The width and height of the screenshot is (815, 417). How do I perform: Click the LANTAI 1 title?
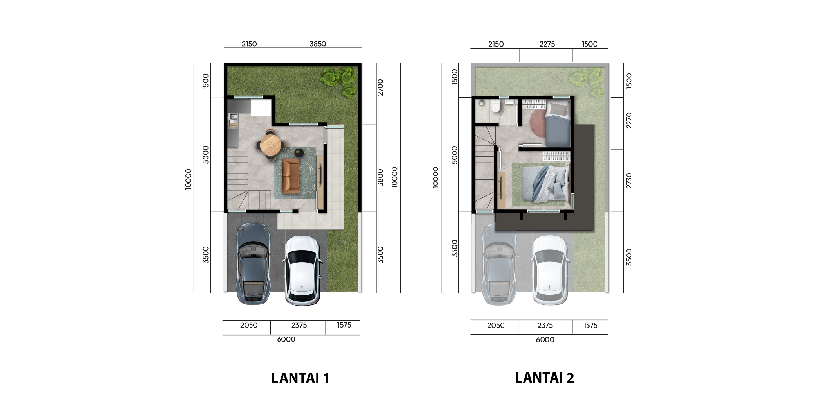[300, 378]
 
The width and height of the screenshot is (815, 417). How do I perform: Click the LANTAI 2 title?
[544, 378]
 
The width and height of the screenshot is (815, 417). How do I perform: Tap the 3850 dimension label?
[318, 44]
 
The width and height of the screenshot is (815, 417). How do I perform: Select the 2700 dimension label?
[381, 88]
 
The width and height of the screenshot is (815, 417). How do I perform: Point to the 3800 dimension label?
[381, 177]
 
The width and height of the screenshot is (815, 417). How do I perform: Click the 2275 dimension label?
[547, 44]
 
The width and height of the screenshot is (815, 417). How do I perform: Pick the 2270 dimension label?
[629, 120]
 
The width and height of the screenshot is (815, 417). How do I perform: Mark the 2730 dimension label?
[629, 181]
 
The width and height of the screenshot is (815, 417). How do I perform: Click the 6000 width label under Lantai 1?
[286, 339]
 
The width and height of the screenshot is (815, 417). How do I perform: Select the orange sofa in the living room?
[291, 176]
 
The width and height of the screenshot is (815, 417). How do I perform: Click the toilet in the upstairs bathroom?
[495, 106]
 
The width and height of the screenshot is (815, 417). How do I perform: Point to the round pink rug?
[538, 123]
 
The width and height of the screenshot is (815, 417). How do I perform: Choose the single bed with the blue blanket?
[558, 123]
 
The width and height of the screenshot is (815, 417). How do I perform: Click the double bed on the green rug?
[544, 184]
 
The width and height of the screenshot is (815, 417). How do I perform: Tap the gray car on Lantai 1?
[254, 263]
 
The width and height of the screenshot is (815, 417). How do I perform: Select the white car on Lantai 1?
[303, 270]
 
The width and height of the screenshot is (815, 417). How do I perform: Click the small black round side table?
[299, 152]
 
